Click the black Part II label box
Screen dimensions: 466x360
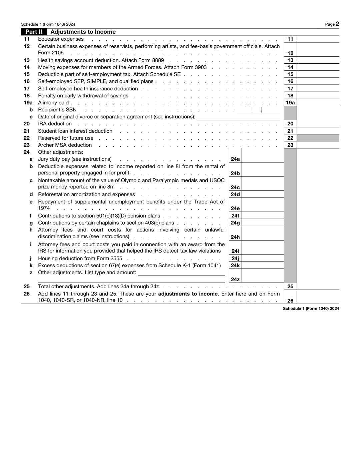34,32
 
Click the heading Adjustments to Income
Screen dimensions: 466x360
83,32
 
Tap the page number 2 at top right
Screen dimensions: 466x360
337,24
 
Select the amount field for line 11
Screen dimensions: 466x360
318,39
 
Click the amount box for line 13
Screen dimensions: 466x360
318,60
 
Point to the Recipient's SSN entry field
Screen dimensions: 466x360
258,110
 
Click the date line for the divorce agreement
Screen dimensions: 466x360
238,117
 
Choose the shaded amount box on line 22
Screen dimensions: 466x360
318,138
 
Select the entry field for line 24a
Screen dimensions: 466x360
263,159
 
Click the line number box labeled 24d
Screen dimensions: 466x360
235,194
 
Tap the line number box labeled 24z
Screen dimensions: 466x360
235,279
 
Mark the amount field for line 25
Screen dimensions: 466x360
318,287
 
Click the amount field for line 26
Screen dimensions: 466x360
318,297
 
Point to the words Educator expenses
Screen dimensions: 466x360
61,39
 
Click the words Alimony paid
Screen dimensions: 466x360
53,103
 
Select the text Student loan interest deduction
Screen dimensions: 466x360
75,131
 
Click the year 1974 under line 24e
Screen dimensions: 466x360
44,208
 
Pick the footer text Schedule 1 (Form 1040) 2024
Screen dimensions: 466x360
311,309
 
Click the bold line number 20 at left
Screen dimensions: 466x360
27,124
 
